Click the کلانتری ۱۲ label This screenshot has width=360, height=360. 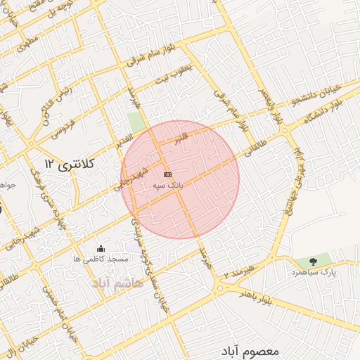click(68, 163)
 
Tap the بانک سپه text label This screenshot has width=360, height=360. click(168, 185)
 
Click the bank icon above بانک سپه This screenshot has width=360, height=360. click(167, 174)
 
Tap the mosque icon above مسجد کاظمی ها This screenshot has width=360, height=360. click(101, 248)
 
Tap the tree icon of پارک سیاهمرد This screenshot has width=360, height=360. click(313, 262)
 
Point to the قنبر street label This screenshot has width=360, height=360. click(181, 136)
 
